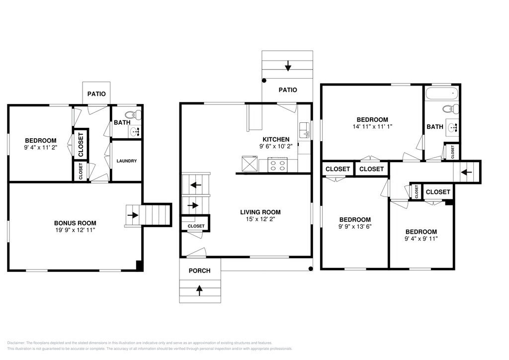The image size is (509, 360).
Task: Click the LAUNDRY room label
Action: [x=127, y=161]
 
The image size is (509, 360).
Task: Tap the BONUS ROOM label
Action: [x=75, y=223]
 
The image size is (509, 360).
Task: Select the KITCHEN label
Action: [x=276, y=139]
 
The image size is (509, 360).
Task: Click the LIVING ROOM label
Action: [x=260, y=212]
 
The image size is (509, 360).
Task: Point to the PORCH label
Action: [x=200, y=270]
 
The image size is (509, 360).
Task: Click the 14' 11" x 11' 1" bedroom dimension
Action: [x=372, y=127]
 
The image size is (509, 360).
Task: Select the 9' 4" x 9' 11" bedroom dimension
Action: [x=421, y=239]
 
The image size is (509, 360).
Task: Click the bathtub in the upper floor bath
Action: [x=442, y=94]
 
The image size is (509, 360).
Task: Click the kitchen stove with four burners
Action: [x=277, y=165]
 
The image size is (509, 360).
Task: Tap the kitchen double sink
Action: [x=305, y=130]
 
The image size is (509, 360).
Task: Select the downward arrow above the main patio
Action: [x=288, y=66]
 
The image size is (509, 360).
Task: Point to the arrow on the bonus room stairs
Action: [x=133, y=215]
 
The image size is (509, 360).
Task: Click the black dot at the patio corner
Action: [x=264, y=81]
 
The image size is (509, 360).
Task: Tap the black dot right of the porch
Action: [x=311, y=269]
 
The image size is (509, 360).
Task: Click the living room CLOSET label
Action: [x=196, y=226]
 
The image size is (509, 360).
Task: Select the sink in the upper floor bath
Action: [x=452, y=127]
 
